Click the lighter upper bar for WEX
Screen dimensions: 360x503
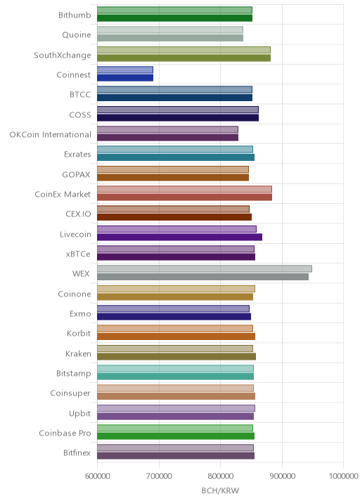204,269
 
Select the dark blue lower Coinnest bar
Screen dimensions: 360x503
125,78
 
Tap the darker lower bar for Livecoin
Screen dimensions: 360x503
179,237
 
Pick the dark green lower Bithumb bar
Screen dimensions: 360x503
174,18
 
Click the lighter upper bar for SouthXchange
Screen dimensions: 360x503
184,50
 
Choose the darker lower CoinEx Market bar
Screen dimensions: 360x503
185,197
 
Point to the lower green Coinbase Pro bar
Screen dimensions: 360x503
176,436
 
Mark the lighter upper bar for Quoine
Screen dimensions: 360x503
170,30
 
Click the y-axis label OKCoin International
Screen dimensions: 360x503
51,134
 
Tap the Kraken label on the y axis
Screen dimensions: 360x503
78,353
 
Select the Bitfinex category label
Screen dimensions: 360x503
77,452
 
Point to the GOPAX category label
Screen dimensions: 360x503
77,174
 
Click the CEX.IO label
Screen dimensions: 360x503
78,214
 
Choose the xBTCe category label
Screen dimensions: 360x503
78,254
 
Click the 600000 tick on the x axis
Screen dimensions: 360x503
97,476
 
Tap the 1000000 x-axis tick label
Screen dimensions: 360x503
343,476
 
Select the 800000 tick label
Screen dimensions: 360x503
220,476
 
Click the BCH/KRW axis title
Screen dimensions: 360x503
220,491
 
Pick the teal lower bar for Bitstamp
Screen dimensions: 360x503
175,377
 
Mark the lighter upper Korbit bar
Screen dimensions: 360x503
175,329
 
